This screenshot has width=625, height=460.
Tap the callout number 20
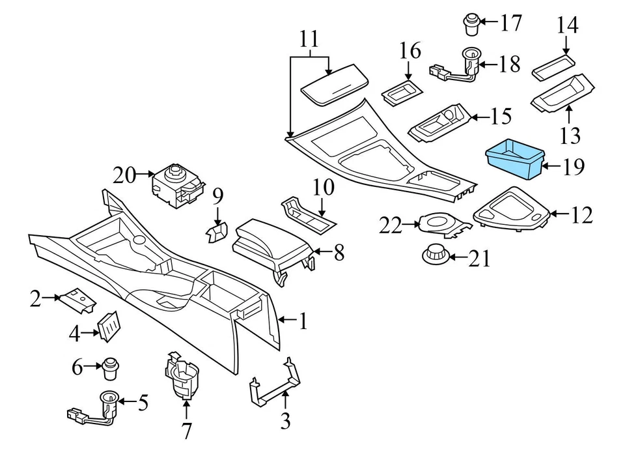[x=126, y=175]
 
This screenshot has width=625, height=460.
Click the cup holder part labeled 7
[x=182, y=375]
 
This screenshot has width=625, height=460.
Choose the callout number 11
[x=310, y=39]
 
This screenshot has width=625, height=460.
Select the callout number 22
[x=392, y=225]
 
